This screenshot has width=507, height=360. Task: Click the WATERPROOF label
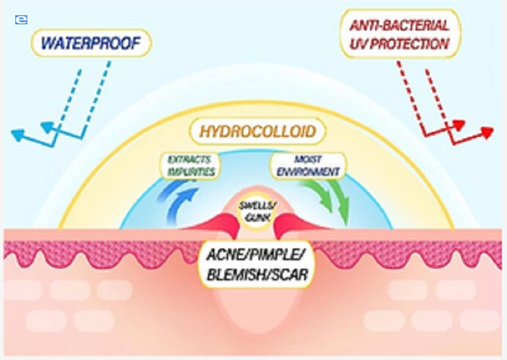click(x=91, y=44)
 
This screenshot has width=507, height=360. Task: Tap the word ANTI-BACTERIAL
click(x=399, y=25)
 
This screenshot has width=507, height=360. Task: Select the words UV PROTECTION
click(x=399, y=45)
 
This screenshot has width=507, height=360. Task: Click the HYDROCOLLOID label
click(x=258, y=132)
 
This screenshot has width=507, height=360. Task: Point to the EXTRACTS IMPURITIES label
click(x=192, y=165)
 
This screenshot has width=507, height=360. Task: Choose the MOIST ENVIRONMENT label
click(x=308, y=165)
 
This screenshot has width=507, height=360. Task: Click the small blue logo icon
click(x=21, y=20)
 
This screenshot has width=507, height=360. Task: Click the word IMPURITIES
click(x=192, y=171)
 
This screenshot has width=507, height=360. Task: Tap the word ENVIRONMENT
click(x=308, y=172)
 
